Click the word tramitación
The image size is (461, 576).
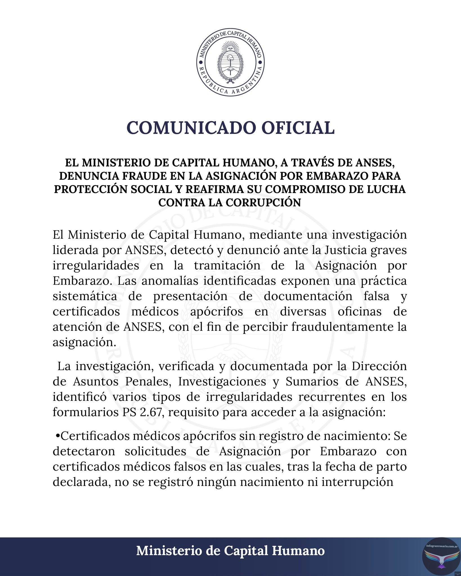pos(227,265)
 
